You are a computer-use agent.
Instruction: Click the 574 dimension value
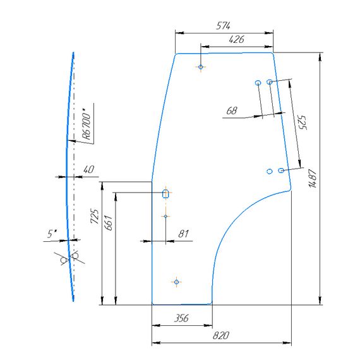(223, 26)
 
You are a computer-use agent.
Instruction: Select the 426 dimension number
(236, 40)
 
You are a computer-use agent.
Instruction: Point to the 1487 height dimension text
(313, 178)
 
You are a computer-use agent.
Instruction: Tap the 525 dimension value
(303, 123)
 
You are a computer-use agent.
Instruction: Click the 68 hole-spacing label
(231, 111)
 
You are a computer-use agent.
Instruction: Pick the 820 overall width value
(221, 335)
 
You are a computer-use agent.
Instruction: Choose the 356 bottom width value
(181, 318)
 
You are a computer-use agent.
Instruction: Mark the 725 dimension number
(95, 216)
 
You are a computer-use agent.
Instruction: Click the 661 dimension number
(108, 223)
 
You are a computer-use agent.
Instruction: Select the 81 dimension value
(183, 234)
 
